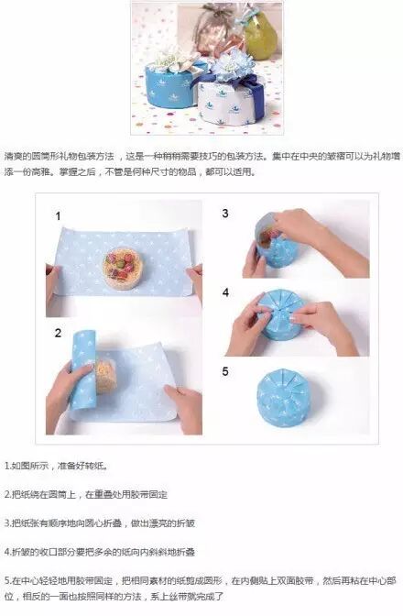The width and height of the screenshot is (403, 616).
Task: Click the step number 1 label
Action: [58, 216]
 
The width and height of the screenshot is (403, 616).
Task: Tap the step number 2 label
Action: [58, 333]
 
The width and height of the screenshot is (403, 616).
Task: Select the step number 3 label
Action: [224, 214]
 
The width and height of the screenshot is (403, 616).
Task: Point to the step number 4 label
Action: [225, 292]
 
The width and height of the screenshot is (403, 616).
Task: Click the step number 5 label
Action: [224, 371]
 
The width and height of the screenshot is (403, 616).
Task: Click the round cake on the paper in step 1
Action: [123, 267]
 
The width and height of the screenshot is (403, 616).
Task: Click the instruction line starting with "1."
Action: [56, 466]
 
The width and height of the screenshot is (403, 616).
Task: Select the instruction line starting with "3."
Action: [100, 522]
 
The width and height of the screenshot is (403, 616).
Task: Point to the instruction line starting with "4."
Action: [100, 552]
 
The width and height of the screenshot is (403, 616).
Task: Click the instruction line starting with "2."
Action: [86, 494]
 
